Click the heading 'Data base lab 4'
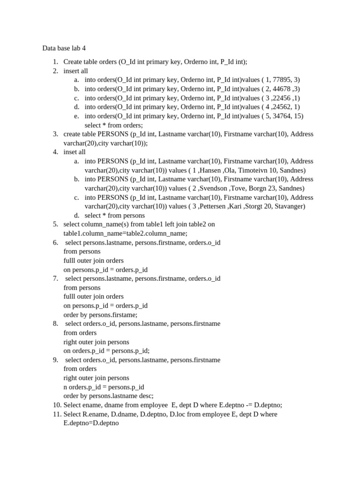(64, 48)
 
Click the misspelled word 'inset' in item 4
(70, 152)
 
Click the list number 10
(56, 405)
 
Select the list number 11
(56, 414)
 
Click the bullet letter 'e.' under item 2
(76, 116)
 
